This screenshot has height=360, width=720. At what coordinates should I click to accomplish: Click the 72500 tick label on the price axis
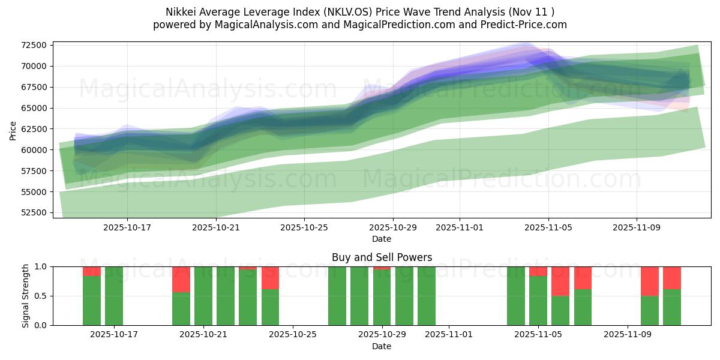[34, 46]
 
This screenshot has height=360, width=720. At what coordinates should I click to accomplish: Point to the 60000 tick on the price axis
[34, 150]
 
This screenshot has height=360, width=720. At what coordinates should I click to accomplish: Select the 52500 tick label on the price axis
[34, 213]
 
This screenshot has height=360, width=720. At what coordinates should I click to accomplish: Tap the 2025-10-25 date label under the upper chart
[304, 228]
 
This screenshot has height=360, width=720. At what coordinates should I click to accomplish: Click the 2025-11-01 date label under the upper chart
[460, 228]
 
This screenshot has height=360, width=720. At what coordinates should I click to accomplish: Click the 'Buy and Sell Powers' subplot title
[382, 257]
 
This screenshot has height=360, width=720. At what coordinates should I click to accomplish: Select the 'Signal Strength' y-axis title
[25, 296]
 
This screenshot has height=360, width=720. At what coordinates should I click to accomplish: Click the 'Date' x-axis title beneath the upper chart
[382, 239]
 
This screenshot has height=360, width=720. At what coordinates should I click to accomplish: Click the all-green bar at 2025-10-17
[114, 296]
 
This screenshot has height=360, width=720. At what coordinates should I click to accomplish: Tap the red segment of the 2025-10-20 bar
[181, 279]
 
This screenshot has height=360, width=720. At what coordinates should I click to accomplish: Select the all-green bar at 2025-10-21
[203, 296]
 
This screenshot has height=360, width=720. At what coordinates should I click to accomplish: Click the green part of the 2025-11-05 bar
[538, 300]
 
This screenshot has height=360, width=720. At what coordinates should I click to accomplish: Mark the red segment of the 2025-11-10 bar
[650, 281]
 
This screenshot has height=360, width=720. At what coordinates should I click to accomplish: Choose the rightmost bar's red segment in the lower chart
[672, 278]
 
